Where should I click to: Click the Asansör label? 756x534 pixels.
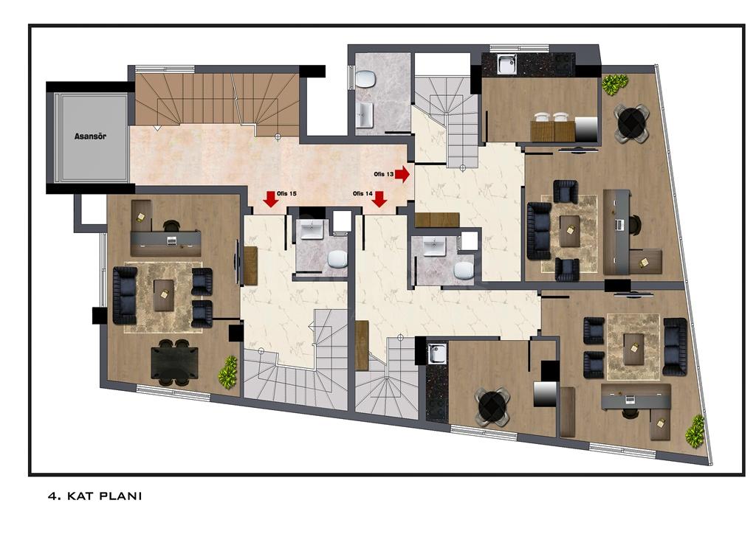tap(90, 136)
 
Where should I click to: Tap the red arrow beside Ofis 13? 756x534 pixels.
tap(402, 174)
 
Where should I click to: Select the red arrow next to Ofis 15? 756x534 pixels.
tap(272, 199)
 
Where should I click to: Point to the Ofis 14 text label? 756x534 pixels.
tap(362, 193)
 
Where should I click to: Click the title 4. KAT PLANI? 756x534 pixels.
tap(95, 496)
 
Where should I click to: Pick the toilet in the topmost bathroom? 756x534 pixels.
tap(366, 78)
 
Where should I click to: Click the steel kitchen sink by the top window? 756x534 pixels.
tap(506, 64)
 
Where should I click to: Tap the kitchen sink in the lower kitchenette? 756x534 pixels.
tap(437, 353)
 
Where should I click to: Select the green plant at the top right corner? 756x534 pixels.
tap(615, 84)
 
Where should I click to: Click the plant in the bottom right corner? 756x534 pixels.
tap(695, 431)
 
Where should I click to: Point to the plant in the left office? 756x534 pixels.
tap(228, 370)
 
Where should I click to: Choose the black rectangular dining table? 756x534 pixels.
tap(174, 363)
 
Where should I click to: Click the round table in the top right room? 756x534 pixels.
tap(631, 122)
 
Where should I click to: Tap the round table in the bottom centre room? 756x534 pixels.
tap(492, 406)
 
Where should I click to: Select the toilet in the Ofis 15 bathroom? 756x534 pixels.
tap(337, 259)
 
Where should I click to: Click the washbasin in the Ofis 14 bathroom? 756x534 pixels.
tap(435, 247)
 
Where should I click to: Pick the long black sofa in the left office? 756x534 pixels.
tap(124, 295)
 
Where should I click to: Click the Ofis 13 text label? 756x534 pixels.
tap(384, 174)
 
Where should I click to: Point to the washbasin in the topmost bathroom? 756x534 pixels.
tap(365, 115)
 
